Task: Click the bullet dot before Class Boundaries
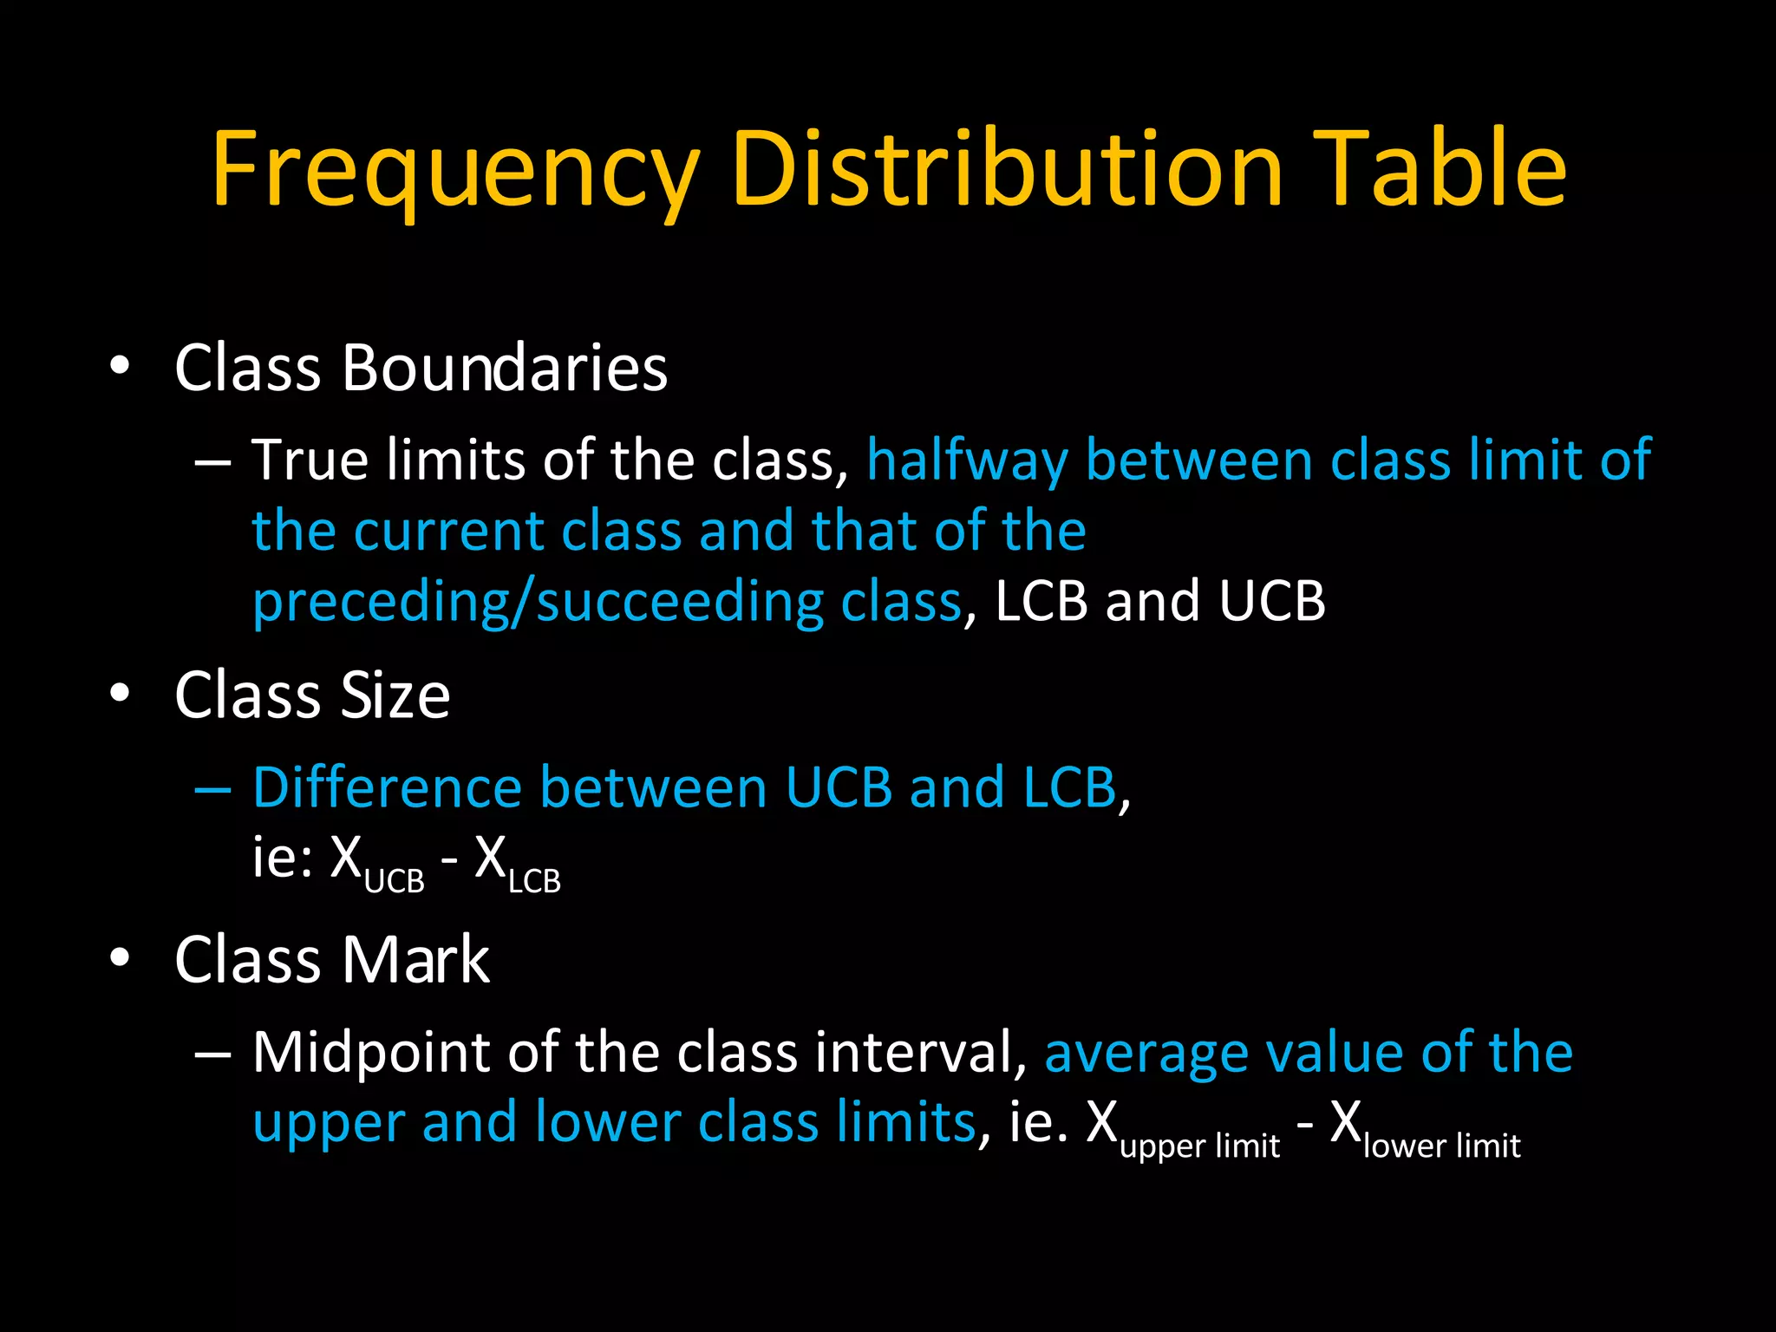pos(120,365)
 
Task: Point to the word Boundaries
pos(504,368)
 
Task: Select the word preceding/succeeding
pos(538,602)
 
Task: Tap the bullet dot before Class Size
pos(120,692)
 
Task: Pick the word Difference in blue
pos(387,787)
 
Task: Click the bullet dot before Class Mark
pos(120,957)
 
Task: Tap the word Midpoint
pos(373,1053)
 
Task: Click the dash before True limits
pos(212,463)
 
